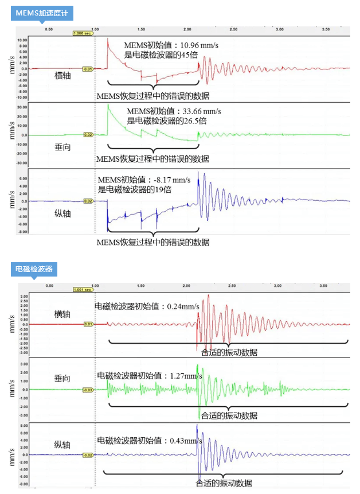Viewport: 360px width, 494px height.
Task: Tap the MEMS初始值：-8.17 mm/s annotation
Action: [138, 179]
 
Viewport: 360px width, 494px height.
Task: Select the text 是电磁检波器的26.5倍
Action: [166, 121]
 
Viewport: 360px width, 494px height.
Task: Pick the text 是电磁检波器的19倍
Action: [135, 189]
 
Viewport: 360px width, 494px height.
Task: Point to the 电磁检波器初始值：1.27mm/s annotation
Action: [150, 376]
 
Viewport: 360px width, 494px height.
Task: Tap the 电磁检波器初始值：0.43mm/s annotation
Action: [150, 441]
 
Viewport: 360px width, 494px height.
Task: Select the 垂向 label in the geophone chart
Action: [61, 379]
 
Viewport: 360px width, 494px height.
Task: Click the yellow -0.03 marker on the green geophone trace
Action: [88, 390]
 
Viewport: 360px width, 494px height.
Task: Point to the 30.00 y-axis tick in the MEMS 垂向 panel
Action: [22, 107]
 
